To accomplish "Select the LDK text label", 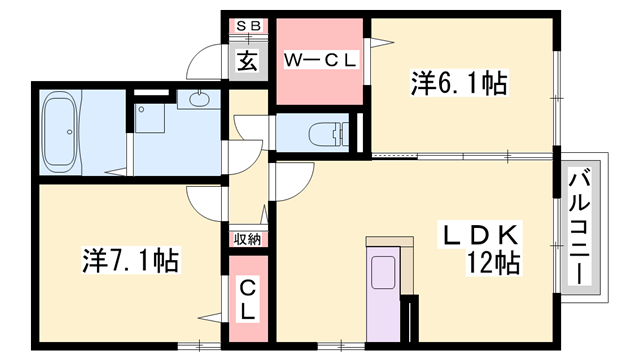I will [x=480, y=236].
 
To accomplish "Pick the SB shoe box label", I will [x=247, y=27].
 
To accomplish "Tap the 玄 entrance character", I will [x=247, y=60].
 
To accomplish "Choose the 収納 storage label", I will [x=248, y=239].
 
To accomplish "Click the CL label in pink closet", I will [x=248, y=299].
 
